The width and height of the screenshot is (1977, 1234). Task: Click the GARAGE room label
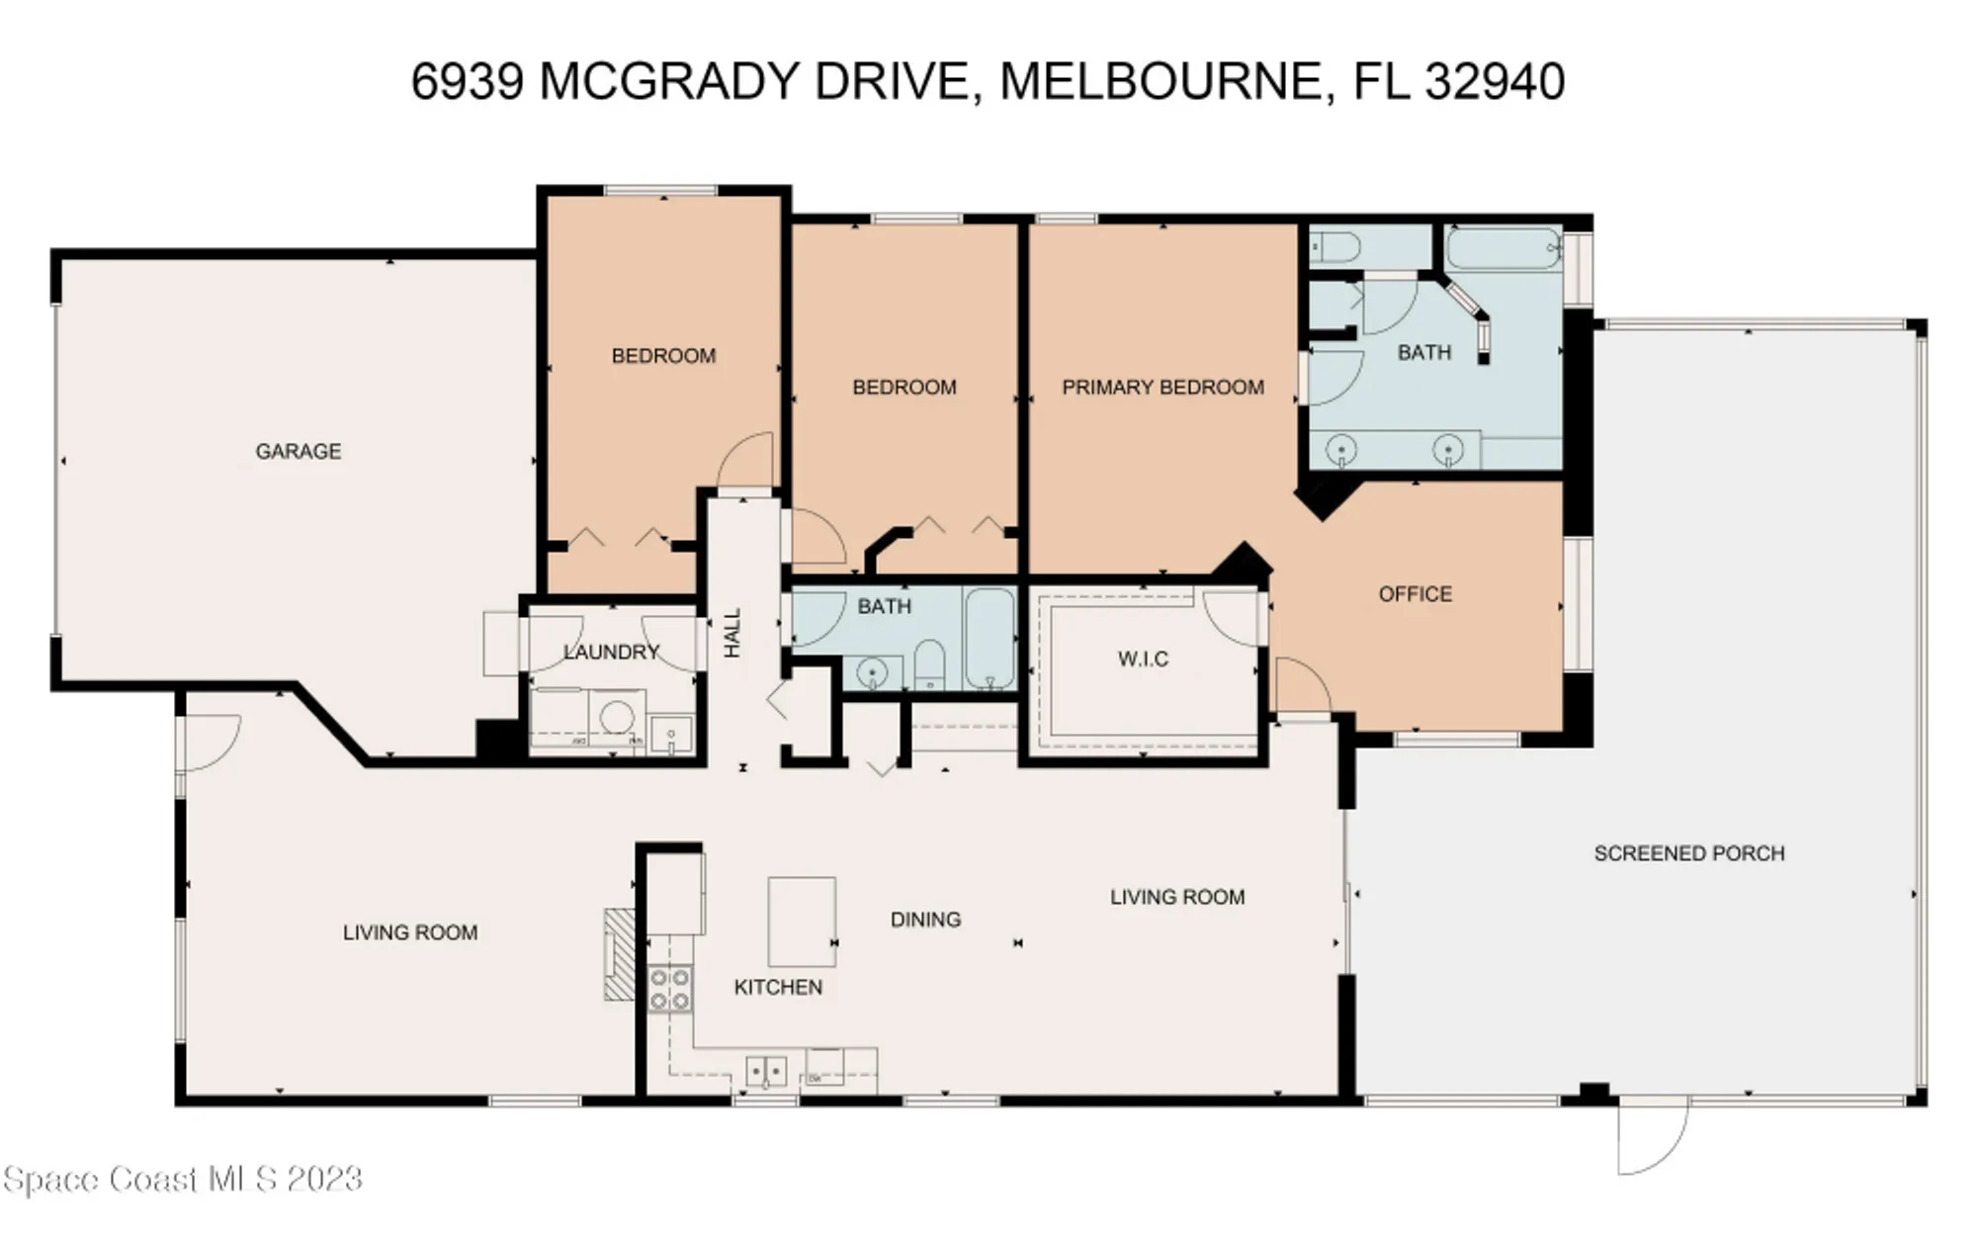(x=298, y=451)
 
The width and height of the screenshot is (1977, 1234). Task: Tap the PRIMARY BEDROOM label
(x=1162, y=387)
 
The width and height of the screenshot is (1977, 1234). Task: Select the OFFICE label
(x=1415, y=593)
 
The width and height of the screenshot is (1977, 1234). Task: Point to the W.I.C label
(x=1143, y=659)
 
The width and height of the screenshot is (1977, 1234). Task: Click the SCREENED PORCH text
(x=1688, y=852)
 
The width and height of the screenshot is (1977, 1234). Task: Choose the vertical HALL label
(x=732, y=633)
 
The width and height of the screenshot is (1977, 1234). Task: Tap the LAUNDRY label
(x=611, y=652)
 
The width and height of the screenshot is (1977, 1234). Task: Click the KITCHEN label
(x=778, y=987)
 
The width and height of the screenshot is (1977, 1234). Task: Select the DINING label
(x=925, y=920)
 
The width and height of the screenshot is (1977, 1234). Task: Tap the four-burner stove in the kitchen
(x=669, y=989)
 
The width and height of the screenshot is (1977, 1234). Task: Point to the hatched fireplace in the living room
(x=620, y=955)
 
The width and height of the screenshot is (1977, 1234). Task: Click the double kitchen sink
(x=766, y=1071)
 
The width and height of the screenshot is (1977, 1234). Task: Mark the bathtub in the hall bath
(x=989, y=639)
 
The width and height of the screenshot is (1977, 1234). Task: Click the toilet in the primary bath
(x=1334, y=246)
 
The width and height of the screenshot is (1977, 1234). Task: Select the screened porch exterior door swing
(x=1651, y=1137)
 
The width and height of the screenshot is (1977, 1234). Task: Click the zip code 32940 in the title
(x=1494, y=81)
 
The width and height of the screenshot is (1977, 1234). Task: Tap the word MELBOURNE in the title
(x=1161, y=81)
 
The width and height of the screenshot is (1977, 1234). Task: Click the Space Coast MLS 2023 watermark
(x=183, y=1179)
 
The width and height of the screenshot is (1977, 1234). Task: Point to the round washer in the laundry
(x=618, y=716)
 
